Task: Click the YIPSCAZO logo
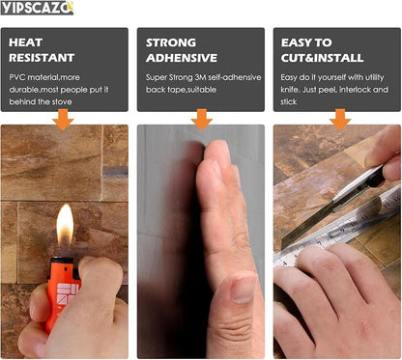coord(37,8)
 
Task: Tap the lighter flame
coord(65,225)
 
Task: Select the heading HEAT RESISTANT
coord(42,50)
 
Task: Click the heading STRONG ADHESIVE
coord(182,50)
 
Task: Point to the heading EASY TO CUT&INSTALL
coord(322,50)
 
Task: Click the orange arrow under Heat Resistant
coord(63,120)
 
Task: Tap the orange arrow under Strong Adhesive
coord(202,120)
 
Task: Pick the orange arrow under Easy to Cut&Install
coord(340,120)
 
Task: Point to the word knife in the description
coord(289,90)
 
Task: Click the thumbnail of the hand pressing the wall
coord(201,241)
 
